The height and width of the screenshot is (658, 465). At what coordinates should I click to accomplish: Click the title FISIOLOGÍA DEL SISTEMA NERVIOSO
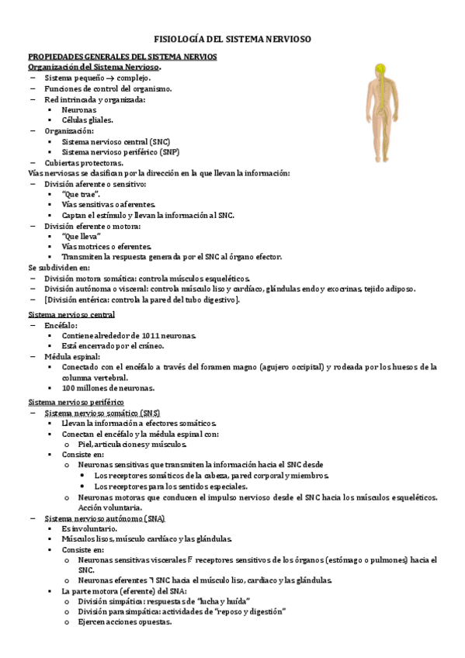click(232, 38)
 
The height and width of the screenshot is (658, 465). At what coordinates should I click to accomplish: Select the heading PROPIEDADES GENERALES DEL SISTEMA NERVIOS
click(123, 57)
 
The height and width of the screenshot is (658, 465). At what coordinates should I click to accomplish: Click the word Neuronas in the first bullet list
click(79, 110)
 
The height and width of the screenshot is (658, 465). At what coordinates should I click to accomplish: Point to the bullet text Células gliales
click(87, 120)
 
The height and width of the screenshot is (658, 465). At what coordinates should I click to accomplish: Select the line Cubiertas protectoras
click(83, 163)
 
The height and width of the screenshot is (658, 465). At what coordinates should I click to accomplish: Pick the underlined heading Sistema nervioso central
click(71, 314)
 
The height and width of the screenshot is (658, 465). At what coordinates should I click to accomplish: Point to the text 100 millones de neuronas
click(108, 388)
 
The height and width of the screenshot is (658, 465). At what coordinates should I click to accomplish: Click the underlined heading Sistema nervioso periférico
click(76, 403)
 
